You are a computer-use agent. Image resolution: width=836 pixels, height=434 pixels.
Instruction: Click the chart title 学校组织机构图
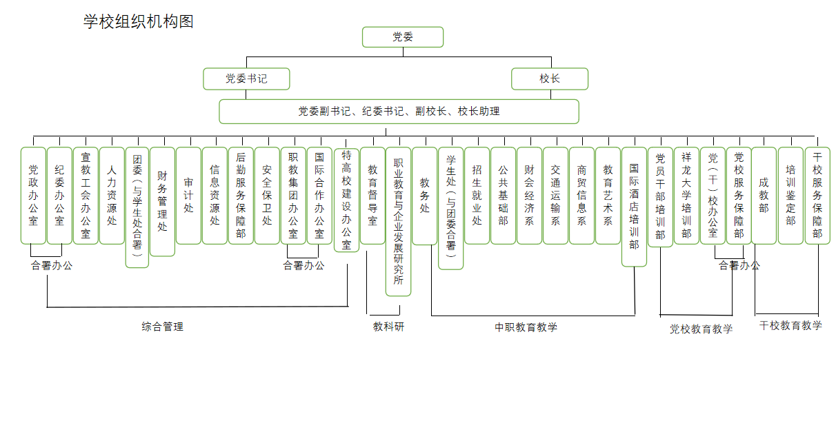(x=139, y=21)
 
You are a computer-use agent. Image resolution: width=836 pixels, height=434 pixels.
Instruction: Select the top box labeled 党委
(x=403, y=37)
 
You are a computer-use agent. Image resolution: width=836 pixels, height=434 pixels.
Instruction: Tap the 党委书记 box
(x=246, y=79)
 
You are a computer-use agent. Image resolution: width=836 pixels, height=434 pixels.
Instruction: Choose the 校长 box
(x=550, y=79)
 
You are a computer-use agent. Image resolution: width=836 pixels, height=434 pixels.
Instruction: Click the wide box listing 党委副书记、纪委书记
(x=399, y=112)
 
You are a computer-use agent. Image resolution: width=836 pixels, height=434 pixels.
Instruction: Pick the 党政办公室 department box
(x=33, y=196)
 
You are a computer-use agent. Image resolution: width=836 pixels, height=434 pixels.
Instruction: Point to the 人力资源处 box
(x=112, y=196)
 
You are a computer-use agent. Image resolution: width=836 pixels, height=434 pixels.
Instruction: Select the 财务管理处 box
(x=162, y=201)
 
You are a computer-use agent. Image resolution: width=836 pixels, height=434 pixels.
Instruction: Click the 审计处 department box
(x=188, y=196)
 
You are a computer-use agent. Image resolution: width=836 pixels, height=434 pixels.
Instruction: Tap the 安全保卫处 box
(x=267, y=196)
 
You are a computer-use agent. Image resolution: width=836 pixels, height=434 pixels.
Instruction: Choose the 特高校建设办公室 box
(x=346, y=200)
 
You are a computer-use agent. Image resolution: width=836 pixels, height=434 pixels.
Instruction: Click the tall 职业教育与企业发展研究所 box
(x=398, y=221)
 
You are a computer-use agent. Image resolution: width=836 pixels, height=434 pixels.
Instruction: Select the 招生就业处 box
(x=477, y=196)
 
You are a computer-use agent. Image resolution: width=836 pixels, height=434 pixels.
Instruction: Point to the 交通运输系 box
(x=556, y=196)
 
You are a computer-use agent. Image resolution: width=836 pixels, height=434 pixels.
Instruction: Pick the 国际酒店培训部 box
(x=634, y=207)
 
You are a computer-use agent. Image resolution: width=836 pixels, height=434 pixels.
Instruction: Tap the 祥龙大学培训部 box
(x=687, y=196)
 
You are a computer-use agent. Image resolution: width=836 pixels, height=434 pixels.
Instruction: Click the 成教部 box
(x=764, y=196)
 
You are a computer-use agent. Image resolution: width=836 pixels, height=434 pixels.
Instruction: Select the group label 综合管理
(x=162, y=327)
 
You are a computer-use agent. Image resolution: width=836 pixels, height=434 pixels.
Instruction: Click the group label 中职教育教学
(x=526, y=327)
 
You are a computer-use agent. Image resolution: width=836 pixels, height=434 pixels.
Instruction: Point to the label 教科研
(x=388, y=327)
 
